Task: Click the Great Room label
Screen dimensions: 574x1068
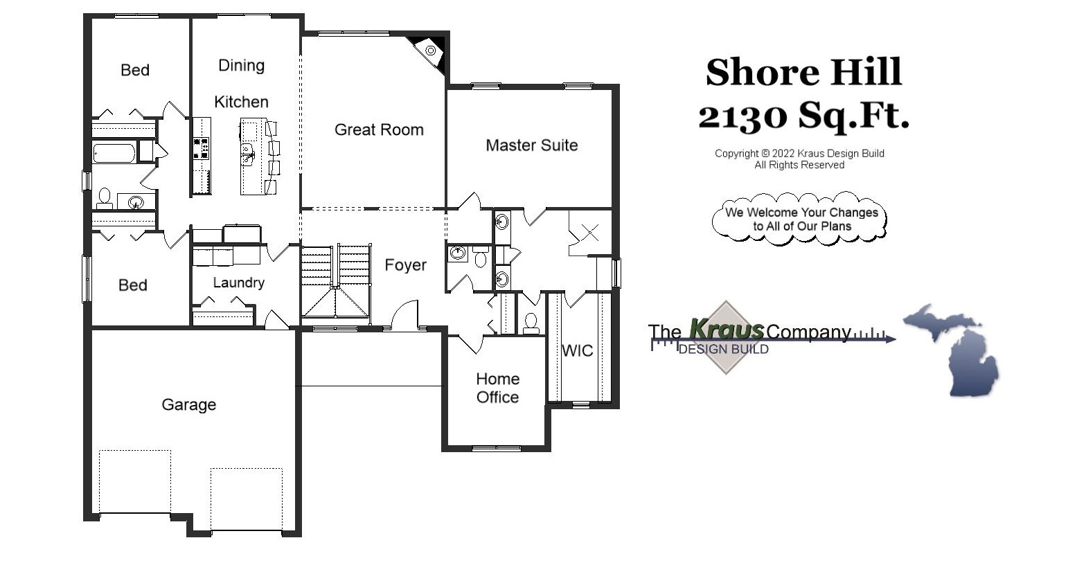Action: pyautogui.click(x=379, y=129)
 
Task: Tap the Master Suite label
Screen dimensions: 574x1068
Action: pyautogui.click(x=531, y=145)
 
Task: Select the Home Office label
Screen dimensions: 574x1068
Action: pyautogui.click(x=497, y=388)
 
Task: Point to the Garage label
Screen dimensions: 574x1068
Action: pyautogui.click(x=188, y=404)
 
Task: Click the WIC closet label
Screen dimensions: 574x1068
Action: pyautogui.click(x=577, y=350)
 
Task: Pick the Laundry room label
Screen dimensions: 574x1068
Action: pyautogui.click(x=238, y=282)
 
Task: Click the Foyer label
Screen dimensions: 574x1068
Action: pyautogui.click(x=405, y=265)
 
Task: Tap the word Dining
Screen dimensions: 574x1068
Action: pyautogui.click(x=241, y=65)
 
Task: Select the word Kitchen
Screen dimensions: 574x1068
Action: pyautogui.click(x=241, y=102)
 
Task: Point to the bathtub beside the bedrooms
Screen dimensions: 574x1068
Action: pyautogui.click(x=114, y=152)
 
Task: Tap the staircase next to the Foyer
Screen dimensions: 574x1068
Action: pyautogui.click(x=336, y=277)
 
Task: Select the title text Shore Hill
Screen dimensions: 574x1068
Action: pyautogui.click(x=803, y=72)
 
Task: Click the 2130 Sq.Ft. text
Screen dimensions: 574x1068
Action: pyautogui.click(x=803, y=115)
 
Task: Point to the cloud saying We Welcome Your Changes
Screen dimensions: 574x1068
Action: pyautogui.click(x=800, y=219)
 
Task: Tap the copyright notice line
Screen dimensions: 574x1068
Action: pyautogui.click(x=799, y=154)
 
